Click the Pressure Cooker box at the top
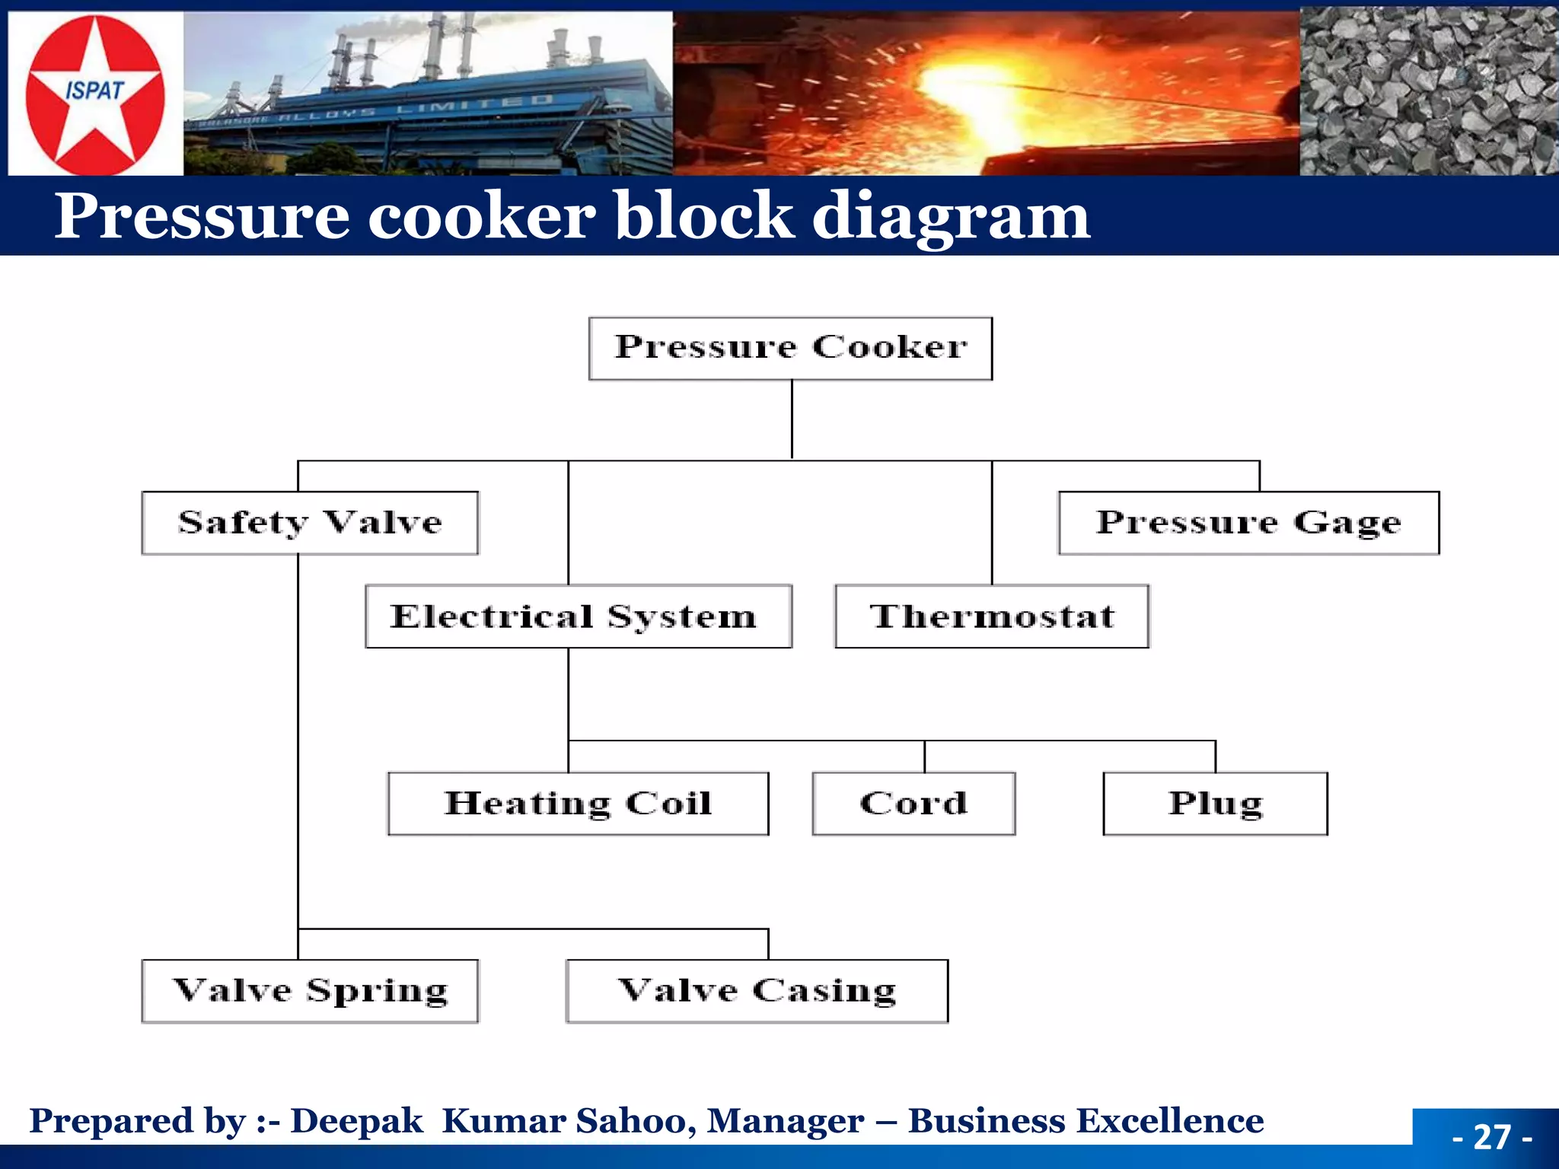790,349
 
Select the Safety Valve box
310,523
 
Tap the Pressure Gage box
1248,523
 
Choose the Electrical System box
578,616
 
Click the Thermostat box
992,616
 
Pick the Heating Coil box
578,804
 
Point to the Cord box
913,804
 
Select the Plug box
1215,804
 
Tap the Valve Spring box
310,991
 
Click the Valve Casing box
757,991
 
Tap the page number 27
1492,1137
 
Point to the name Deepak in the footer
356,1121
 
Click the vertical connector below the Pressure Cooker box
792,419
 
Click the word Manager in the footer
786,1121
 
